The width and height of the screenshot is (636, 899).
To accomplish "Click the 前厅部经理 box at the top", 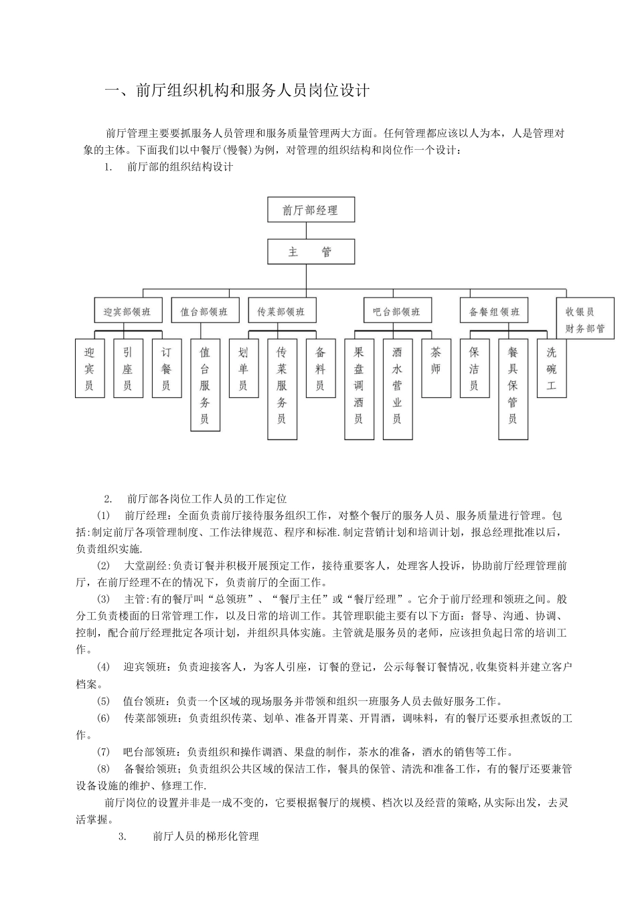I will point(311,210).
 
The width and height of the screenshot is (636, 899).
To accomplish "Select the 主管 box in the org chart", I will point(311,252).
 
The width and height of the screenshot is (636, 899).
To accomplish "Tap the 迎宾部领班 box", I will point(127,312).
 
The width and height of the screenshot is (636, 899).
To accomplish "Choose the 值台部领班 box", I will point(204,312).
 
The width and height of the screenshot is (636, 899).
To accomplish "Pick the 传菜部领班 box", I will point(281,312).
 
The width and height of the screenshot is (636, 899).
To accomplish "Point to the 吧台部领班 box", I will point(397,312).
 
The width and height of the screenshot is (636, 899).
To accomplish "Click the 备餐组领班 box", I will point(494,312).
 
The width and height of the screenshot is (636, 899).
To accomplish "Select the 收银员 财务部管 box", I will point(585,319).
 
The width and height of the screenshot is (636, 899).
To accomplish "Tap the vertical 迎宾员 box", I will point(89,369).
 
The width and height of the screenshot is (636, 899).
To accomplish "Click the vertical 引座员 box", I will point(128,369).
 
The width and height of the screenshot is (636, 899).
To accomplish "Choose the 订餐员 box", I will point(166,369).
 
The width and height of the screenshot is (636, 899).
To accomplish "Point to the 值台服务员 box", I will point(205,385).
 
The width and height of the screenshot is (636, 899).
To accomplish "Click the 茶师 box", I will point(436,369).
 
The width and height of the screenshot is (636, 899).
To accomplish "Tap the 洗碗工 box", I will point(551,369).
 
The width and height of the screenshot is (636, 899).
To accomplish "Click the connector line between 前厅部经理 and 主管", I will point(306,231).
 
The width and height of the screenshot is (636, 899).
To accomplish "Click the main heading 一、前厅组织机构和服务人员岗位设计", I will point(238,91).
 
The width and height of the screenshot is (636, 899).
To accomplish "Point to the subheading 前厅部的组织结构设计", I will point(179,167).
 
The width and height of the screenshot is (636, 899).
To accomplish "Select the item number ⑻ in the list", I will point(103,769).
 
